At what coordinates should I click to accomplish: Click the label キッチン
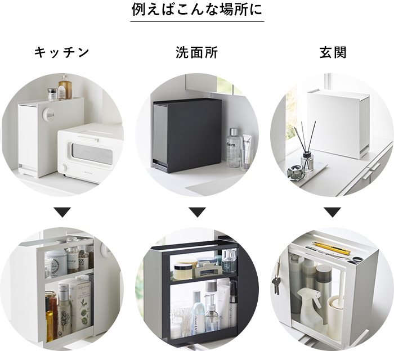(x=62, y=53)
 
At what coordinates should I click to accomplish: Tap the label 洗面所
(x=196, y=53)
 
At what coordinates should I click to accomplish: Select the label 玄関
(x=333, y=53)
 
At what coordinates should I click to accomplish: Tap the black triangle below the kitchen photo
(x=62, y=212)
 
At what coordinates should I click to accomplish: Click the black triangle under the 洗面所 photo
(x=196, y=212)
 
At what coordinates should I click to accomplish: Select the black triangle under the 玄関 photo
(x=333, y=212)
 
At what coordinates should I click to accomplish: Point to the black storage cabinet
(x=186, y=135)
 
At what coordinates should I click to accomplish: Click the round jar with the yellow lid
(x=183, y=271)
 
